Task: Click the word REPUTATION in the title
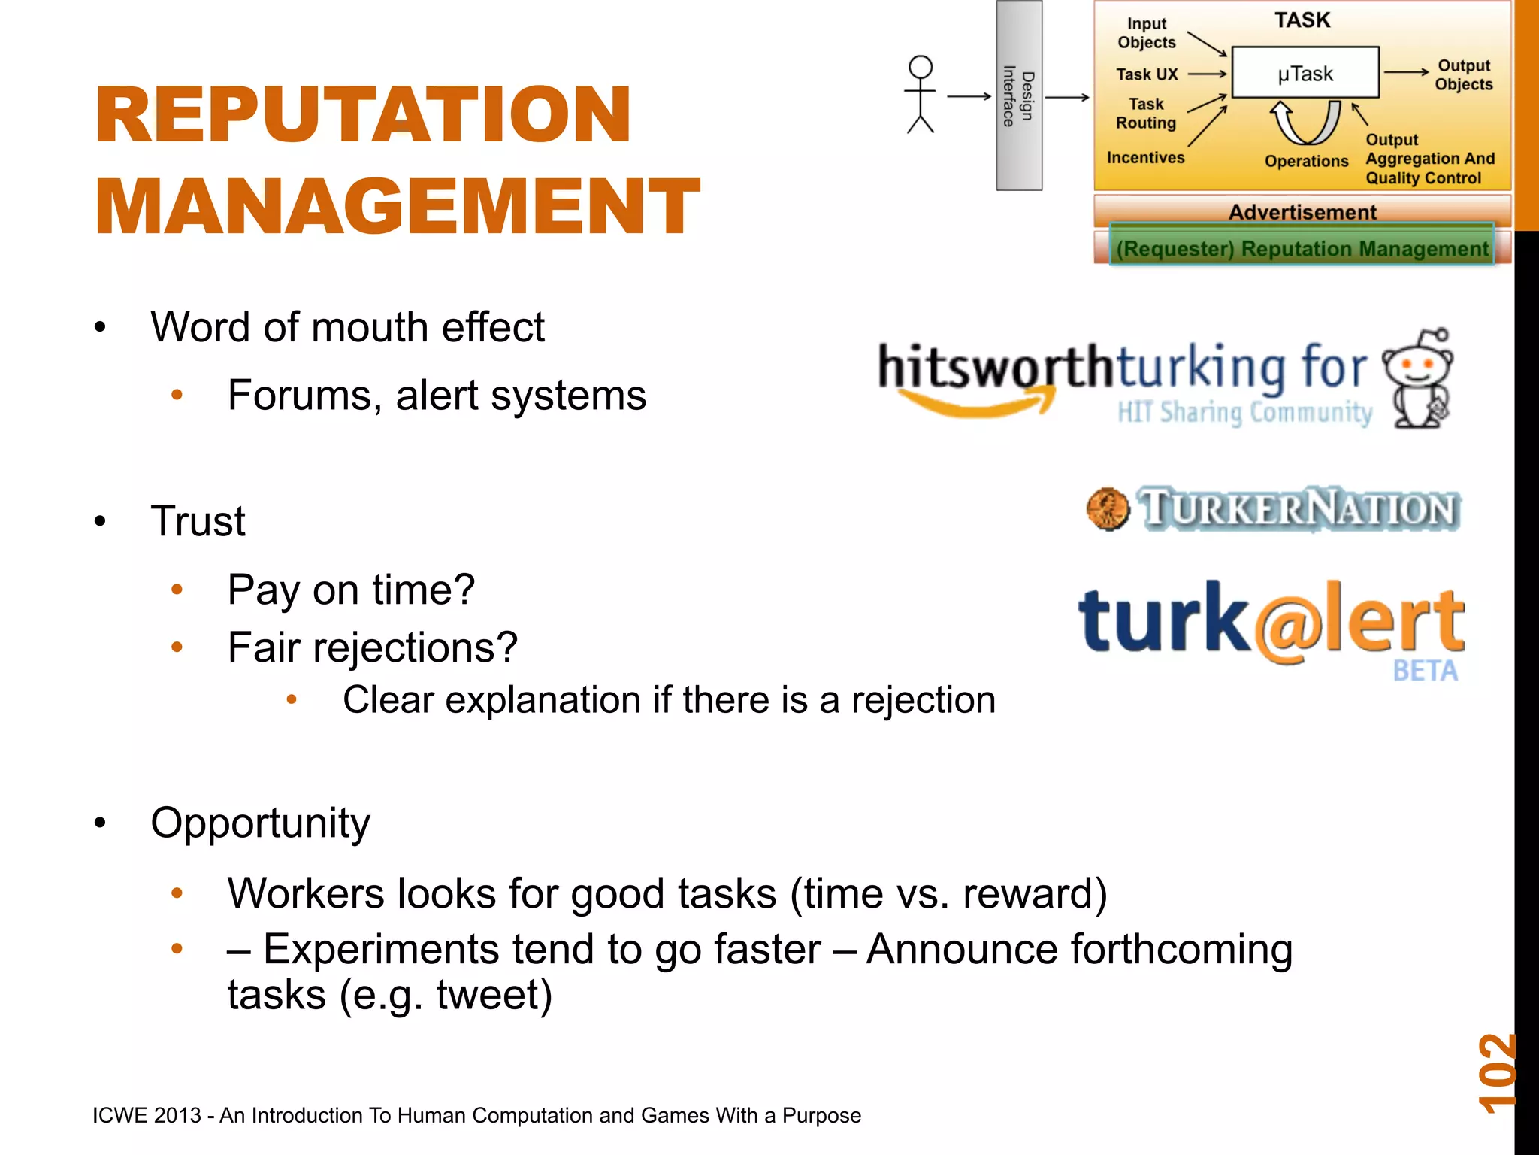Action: [363, 114]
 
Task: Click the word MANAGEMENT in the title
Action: [397, 207]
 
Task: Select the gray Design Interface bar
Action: [1019, 95]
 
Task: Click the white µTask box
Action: [1305, 73]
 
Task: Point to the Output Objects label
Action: [1463, 74]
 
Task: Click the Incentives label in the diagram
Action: [1145, 158]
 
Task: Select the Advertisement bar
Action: [1302, 211]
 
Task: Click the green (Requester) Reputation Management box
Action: [1302, 248]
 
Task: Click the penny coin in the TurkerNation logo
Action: [1108, 509]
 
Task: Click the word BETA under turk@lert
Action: [1425, 671]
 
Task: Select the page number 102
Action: [1497, 1073]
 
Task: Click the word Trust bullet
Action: [198, 520]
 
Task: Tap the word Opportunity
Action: [260, 823]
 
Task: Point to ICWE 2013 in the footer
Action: [147, 1115]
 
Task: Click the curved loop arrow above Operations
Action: [1305, 123]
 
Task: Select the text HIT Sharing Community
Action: [1244, 413]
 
